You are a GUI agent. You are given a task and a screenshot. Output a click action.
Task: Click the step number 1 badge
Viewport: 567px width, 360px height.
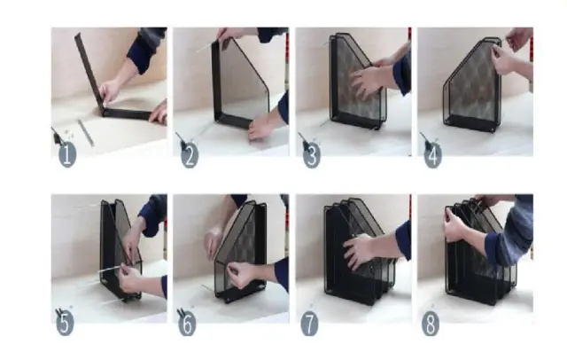pyautogui.click(x=67, y=154)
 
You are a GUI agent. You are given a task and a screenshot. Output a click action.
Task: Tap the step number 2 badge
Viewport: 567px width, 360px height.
pyautogui.click(x=190, y=154)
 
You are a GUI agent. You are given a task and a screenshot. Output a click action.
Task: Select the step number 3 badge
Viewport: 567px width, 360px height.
pyautogui.click(x=312, y=155)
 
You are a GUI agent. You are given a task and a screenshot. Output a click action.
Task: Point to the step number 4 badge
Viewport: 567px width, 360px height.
pyautogui.click(x=433, y=155)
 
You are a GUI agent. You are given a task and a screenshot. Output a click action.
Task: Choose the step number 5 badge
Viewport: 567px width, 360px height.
pyautogui.click(x=65, y=323)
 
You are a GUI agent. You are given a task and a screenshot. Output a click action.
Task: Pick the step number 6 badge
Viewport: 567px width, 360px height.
pyautogui.click(x=187, y=323)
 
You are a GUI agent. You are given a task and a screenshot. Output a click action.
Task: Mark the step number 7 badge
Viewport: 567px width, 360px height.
pyautogui.click(x=309, y=323)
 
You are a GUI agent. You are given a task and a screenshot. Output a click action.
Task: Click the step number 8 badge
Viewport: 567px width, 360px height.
pyautogui.click(x=431, y=323)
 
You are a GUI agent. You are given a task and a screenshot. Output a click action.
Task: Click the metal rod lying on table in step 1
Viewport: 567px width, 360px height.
pyautogui.click(x=86, y=133)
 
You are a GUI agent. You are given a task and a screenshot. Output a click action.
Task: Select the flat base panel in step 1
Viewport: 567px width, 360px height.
pyautogui.click(x=127, y=114)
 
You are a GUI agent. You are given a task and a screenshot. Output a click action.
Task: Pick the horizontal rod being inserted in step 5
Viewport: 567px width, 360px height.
pyautogui.click(x=113, y=268)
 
